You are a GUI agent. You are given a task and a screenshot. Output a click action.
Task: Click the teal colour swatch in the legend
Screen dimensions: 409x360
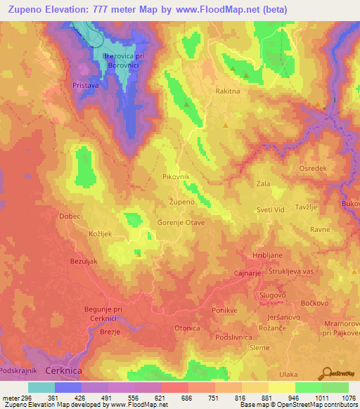[x=41, y=387]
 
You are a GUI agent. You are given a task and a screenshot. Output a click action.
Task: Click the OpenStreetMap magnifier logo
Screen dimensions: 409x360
[x=328, y=374]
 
